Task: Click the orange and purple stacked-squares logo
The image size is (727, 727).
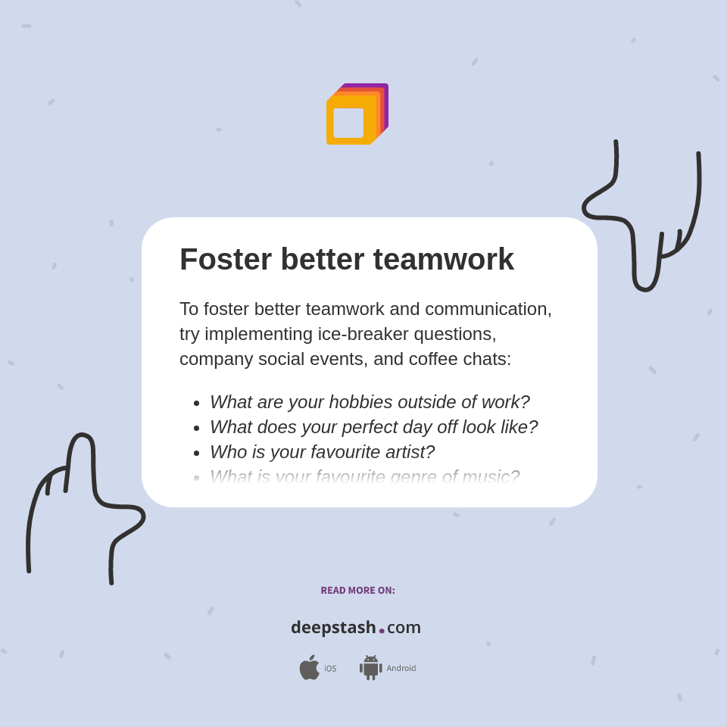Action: point(357,114)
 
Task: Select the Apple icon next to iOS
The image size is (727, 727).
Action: point(309,668)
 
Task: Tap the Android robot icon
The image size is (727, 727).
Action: point(370,668)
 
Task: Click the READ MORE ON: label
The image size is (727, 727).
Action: point(357,591)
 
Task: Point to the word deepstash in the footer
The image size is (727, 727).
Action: point(333,628)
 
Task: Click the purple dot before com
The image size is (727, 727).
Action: point(382,631)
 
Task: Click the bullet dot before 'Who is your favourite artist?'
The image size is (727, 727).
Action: point(197,453)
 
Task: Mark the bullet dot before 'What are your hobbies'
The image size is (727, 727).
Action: point(197,403)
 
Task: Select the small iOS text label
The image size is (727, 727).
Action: point(330,669)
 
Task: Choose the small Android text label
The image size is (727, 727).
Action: point(401,669)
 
